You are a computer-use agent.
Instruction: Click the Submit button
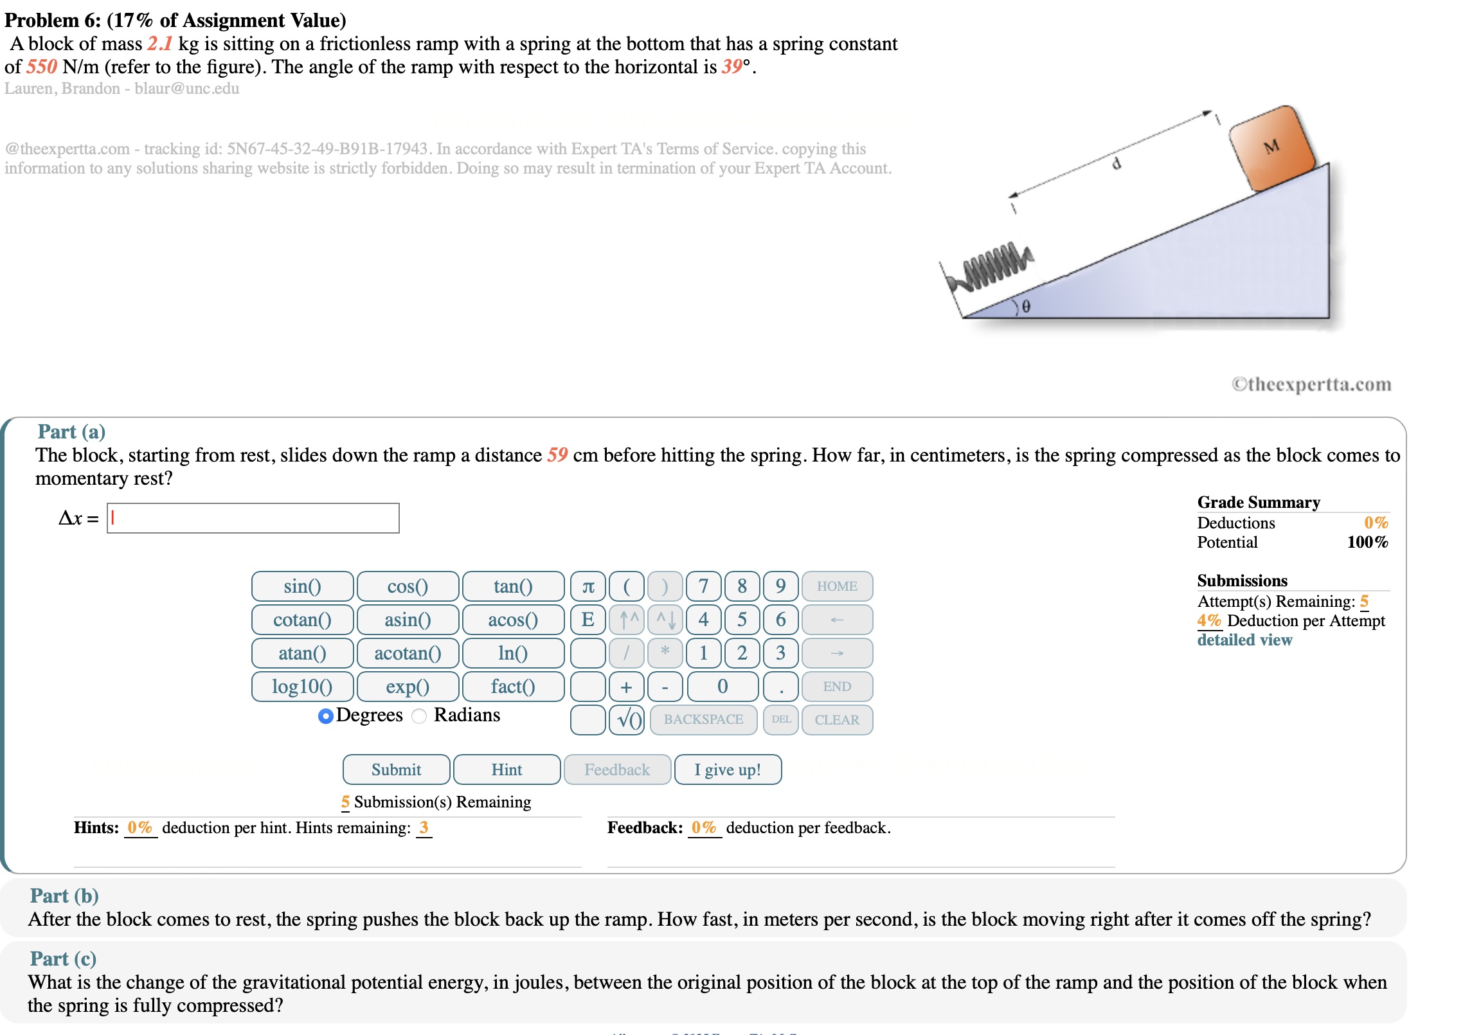pos(396,770)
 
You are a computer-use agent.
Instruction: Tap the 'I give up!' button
pos(728,770)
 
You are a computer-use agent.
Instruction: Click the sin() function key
pos(302,586)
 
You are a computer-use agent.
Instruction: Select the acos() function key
pos(512,620)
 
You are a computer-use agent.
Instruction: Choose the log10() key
pos(302,687)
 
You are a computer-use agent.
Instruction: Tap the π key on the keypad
pos(588,586)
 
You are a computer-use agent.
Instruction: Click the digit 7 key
pos(703,586)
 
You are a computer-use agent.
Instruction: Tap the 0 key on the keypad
pos(723,687)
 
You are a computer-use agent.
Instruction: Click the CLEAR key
pos(837,720)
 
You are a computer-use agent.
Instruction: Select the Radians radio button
pos(419,716)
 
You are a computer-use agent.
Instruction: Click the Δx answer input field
pos(253,518)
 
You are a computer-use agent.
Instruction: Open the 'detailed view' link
pos(1244,640)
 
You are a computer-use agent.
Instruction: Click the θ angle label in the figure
pos(1026,307)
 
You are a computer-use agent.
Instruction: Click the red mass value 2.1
pos(159,44)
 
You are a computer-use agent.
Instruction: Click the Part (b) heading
pos(64,896)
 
